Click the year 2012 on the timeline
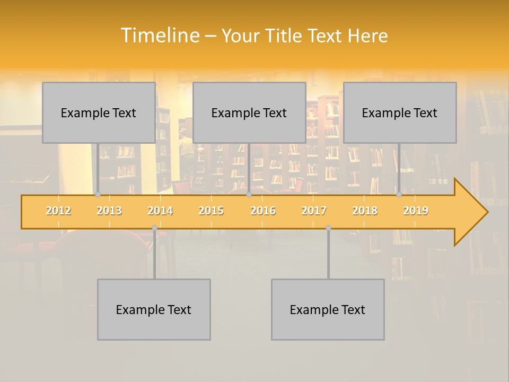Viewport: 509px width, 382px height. click(x=58, y=211)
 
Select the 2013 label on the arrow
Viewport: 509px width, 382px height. click(x=109, y=211)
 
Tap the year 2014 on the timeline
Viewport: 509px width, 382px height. click(x=160, y=211)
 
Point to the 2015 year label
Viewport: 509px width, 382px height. click(x=211, y=211)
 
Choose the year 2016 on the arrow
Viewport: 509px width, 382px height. click(x=263, y=211)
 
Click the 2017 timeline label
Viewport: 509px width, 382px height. click(x=314, y=211)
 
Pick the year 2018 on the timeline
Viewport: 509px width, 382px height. click(x=365, y=211)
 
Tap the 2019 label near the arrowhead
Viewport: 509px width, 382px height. click(x=416, y=211)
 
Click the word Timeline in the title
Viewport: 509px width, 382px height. click(x=159, y=36)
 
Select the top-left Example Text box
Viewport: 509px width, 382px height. click(x=99, y=112)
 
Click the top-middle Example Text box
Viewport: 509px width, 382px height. click(x=249, y=112)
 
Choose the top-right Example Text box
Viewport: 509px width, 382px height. click(x=400, y=112)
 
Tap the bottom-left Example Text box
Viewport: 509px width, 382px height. click(x=154, y=309)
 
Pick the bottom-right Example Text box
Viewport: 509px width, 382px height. click(x=328, y=309)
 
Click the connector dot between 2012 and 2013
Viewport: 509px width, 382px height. click(x=98, y=194)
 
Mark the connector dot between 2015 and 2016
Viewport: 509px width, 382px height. click(x=249, y=194)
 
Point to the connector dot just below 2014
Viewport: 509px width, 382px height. click(x=154, y=228)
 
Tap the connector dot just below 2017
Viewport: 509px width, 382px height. click(x=328, y=228)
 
